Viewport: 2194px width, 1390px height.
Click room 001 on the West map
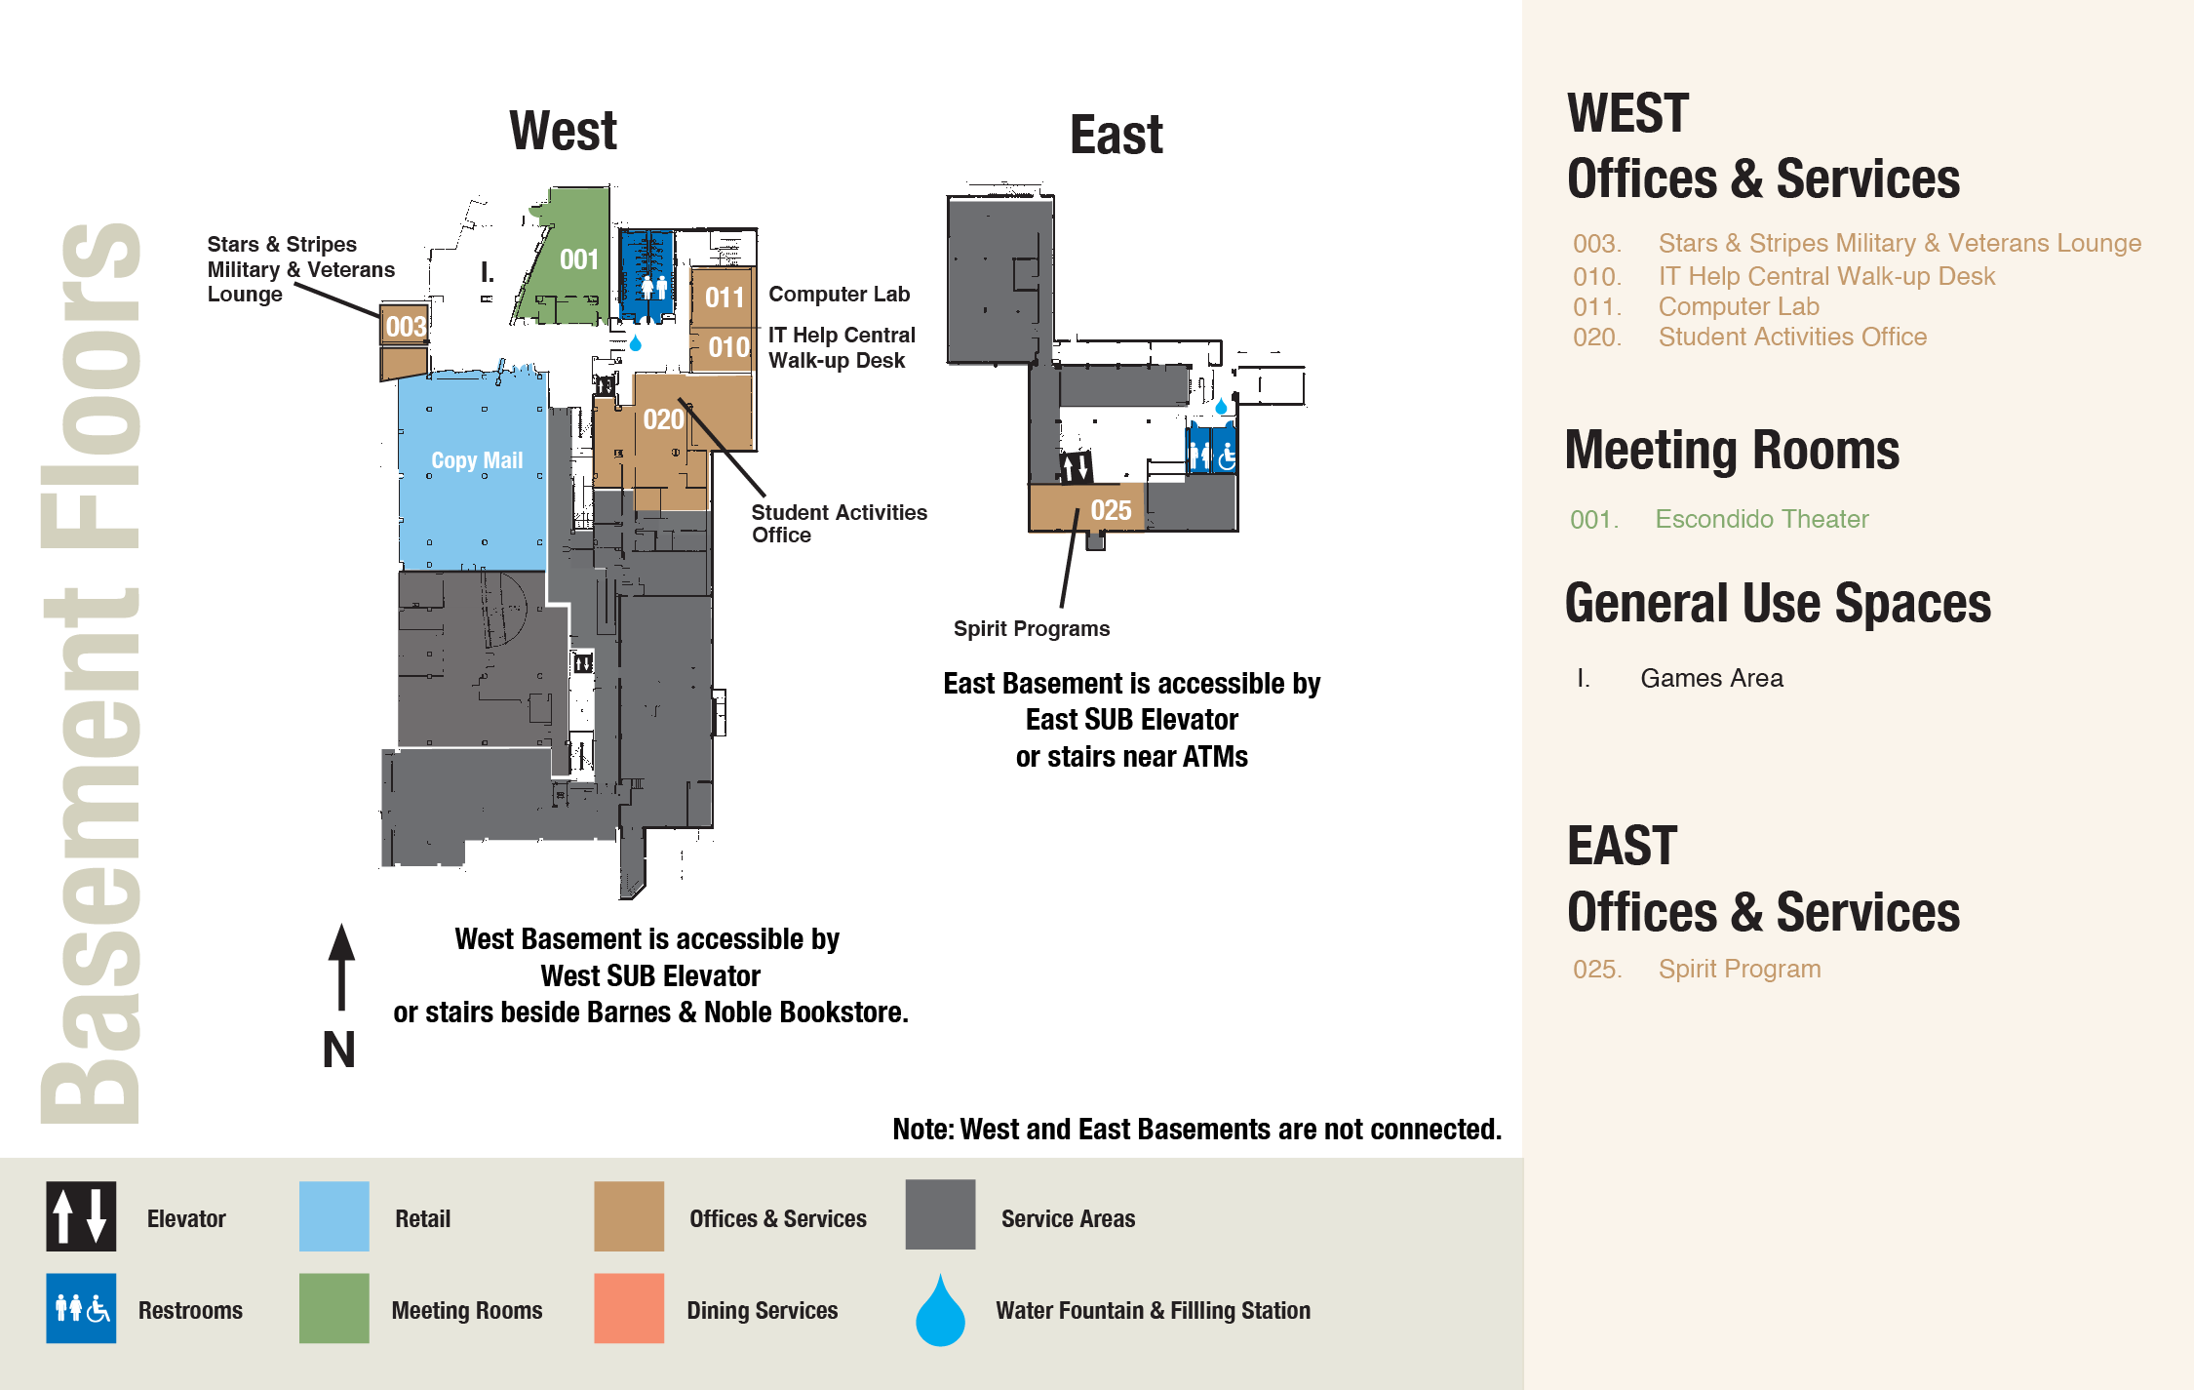578,259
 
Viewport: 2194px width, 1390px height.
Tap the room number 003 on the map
405,326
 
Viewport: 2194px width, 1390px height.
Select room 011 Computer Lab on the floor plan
724,298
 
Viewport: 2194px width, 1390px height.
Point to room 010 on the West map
727,347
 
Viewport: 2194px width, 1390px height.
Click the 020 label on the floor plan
663,419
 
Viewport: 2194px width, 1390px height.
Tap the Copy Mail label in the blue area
477,460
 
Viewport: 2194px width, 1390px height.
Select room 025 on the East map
1110,510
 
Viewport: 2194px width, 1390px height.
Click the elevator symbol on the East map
1076,467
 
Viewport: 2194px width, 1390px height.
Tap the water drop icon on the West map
636,343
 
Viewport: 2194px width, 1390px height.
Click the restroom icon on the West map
653,287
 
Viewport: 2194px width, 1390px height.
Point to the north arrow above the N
341,966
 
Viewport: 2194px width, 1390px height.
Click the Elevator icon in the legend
81,1216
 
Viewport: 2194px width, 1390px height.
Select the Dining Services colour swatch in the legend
629,1308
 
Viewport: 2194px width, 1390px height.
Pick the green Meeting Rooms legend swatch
333,1308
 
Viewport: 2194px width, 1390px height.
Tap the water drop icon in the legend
940,1312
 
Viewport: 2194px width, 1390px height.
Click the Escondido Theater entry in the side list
1761,519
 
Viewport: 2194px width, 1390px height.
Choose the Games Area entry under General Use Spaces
1711,678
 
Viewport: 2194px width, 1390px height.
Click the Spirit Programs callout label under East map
1031,629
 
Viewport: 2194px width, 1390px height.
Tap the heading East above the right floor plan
1116,135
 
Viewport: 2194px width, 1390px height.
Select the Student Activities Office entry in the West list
1791,338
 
